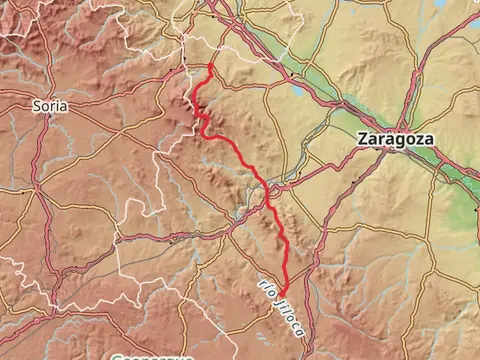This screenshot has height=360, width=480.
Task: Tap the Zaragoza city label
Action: click(396, 140)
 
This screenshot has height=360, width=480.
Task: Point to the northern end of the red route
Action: click(211, 66)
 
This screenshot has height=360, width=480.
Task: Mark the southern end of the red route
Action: click(284, 293)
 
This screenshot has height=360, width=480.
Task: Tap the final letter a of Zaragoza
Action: click(429, 140)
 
